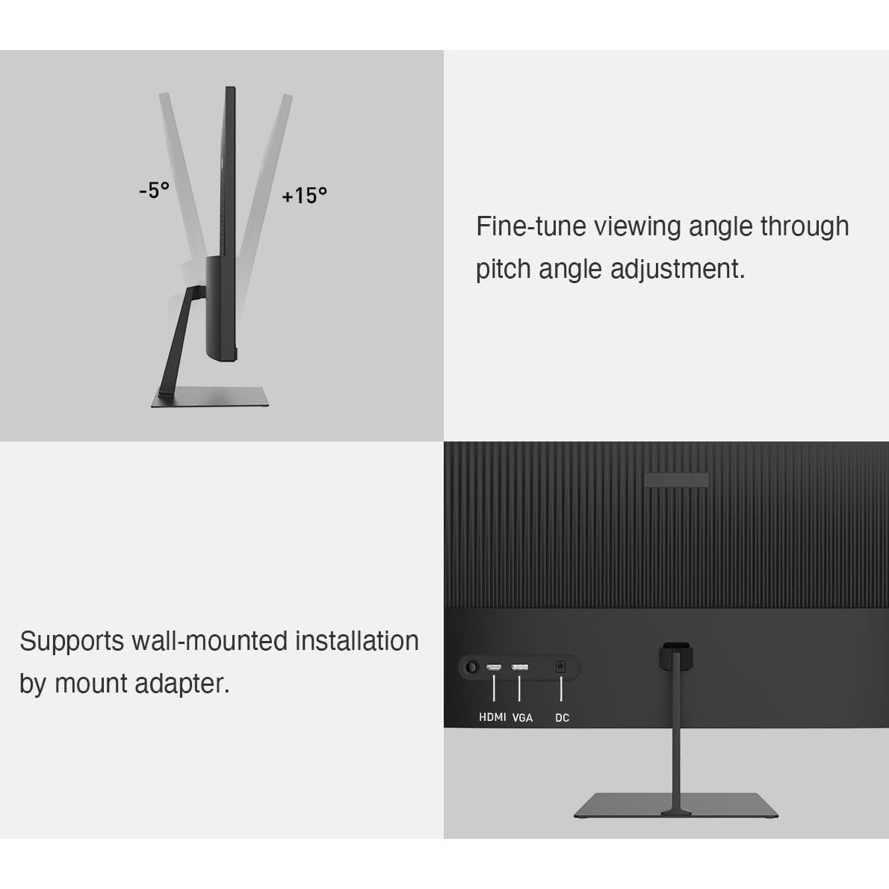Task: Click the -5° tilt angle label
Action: coord(154,190)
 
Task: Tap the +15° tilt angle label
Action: coord(305,196)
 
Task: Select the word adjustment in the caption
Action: coord(678,269)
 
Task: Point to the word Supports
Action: coord(72,642)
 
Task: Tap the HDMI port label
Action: coord(493,717)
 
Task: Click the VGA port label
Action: coord(522,718)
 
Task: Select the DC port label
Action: coord(562,718)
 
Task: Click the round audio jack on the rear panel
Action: coord(471,667)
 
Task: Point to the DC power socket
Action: coord(561,666)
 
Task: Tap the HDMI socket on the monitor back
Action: coord(494,667)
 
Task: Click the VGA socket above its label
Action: coord(520,667)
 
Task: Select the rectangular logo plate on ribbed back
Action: coord(676,480)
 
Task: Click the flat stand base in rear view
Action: coord(676,805)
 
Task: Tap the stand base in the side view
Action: coord(210,397)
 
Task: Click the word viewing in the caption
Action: coord(637,227)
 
